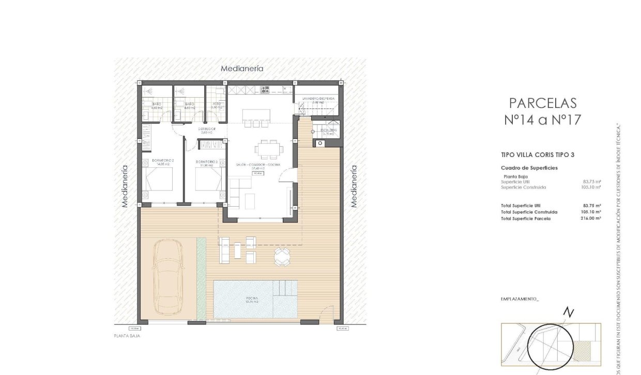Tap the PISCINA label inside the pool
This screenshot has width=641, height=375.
(x=252, y=299)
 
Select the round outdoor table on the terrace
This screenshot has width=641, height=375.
(x=282, y=255)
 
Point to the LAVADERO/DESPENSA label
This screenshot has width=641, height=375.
(x=314, y=98)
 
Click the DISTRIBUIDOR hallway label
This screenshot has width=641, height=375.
(x=207, y=129)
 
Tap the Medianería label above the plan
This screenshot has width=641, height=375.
(x=242, y=68)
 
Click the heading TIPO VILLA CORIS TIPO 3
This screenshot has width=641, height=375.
(x=538, y=154)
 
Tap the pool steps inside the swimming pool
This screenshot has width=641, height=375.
(x=286, y=287)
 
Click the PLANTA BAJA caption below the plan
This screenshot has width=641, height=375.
(x=127, y=336)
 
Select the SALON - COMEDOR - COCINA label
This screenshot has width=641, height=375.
(x=258, y=165)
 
